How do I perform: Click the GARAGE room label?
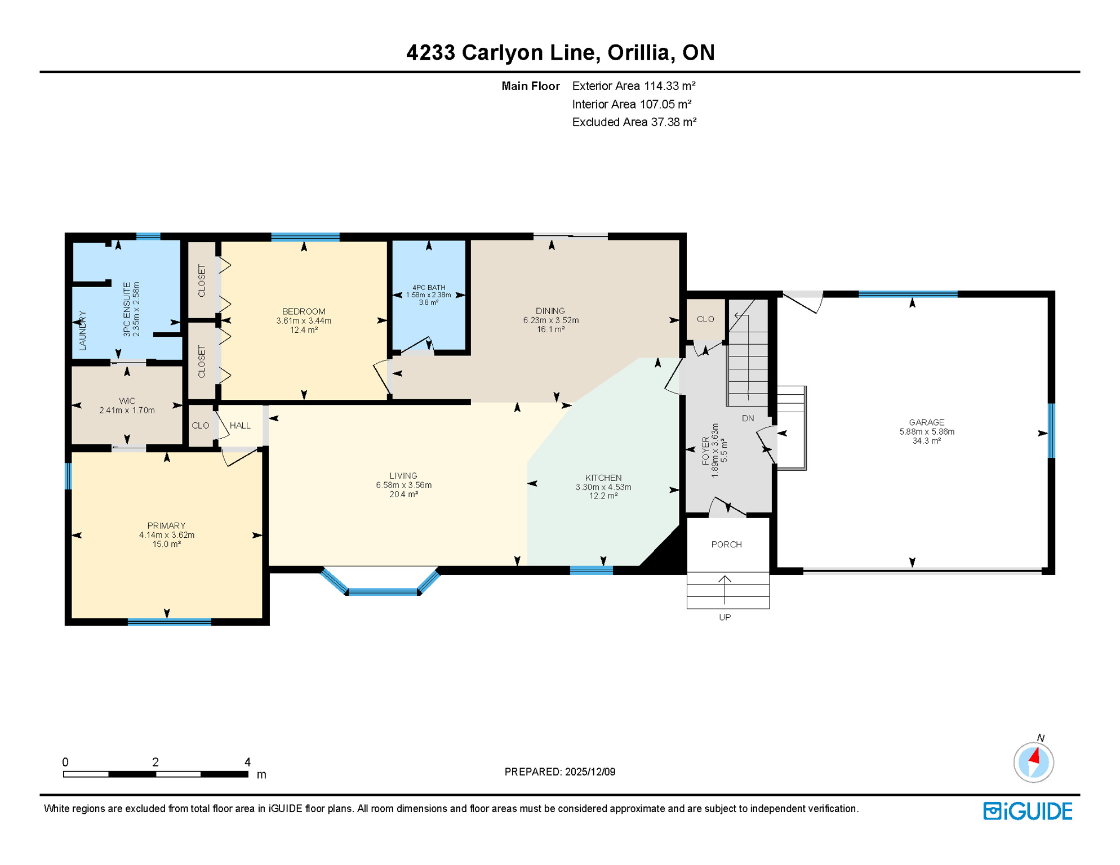pyautogui.click(x=926, y=422)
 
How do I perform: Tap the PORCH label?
pyautogui.click(x=726, y=544)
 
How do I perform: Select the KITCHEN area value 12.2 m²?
pyautogui.click(x=603, y=496)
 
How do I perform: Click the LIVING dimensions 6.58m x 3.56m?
pyautogui.click(x=403, y=485)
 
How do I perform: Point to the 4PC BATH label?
pyautogui.click(x=428, y=287)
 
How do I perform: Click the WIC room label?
pyautogui.click(x=127, y=401)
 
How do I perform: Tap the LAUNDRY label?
pyautogui.click(x=83, y=330)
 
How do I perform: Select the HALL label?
pyautogui.click(x=240, y=425)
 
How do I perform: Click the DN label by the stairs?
pyautogui.click(x=748, y=418)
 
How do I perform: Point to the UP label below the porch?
pyautogui.click(x=725, y=617)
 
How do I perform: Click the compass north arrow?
pyautogui.click(x=1034, y=756)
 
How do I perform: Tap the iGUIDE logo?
pyautogui.click(x=1028, y=811)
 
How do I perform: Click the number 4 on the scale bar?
pyautogui.click(x=247, y=762)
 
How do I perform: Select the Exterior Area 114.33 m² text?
pyautogui.click(x=633, y=86)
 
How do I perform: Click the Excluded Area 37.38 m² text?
pyautogui.click(x=634, y=122)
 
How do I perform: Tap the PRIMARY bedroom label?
pyautogui.click(x=166, y=525)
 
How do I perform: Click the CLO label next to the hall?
pyautogui.click(x=200, y=425)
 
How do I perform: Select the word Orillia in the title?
pyautogui.click(x=638, y=52)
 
